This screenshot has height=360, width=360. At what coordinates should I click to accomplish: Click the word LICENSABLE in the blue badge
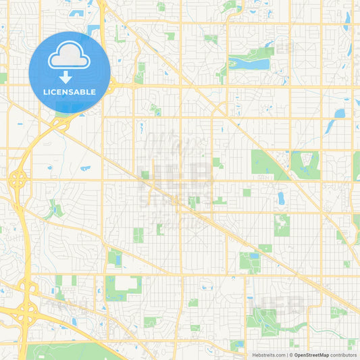[70, 92]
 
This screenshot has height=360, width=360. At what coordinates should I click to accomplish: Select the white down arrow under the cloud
[70, 76]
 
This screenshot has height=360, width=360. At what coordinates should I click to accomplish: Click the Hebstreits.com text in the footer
[267, 355]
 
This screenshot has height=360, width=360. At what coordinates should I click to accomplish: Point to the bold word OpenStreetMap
[311, 355]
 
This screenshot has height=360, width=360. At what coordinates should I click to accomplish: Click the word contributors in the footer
[344, 355]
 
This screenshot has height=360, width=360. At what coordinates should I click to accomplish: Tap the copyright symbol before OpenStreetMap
[291, 355]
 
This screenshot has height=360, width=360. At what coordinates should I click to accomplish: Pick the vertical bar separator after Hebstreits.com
[286, 355]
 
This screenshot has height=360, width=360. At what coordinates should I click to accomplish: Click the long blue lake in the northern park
[249, 64]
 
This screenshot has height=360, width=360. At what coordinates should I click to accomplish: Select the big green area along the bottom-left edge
[68, 352]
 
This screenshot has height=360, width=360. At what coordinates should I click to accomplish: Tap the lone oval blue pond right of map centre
[281, 198]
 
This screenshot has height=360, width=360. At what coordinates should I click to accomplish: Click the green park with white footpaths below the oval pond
[281, 224]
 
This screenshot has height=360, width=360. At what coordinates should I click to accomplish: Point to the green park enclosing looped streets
[305, 162]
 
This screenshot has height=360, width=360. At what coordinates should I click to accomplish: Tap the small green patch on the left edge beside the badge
[3, 78]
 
